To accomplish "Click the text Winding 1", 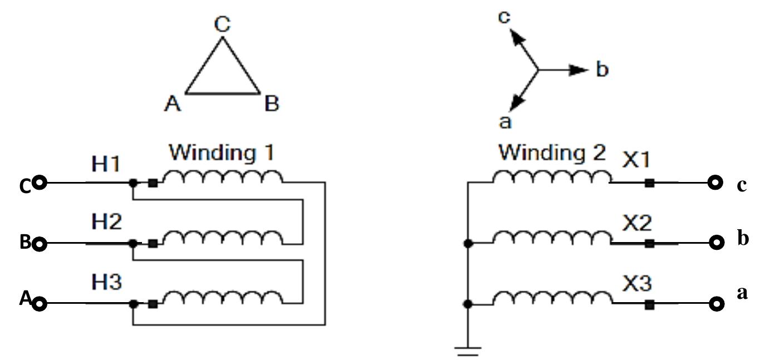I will (222, 151).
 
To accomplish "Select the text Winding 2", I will (551, 151).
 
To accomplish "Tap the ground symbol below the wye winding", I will (468, 351).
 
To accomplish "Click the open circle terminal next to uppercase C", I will (39, 183).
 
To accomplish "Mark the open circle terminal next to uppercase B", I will (39, 244).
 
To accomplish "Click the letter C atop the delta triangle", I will (222, 24).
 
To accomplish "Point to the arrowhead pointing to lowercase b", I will (580, 70).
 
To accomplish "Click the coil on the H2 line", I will (223, 238).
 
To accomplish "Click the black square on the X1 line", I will (649, 183).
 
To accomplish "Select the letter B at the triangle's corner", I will (271, 104).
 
